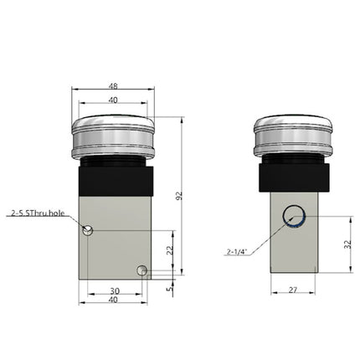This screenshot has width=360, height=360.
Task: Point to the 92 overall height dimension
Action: point(178,195)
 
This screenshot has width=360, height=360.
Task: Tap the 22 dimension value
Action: point(169,249)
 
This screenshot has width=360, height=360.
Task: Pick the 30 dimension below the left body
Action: point(115,291)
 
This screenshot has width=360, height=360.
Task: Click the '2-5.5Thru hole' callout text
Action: point(38,213)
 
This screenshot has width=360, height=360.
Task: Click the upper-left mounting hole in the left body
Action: point(90,229)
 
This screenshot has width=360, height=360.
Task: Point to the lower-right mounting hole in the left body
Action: point(143,270)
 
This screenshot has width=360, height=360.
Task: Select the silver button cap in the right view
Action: point(293,135)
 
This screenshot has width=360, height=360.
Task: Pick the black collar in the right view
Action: point(293,177)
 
